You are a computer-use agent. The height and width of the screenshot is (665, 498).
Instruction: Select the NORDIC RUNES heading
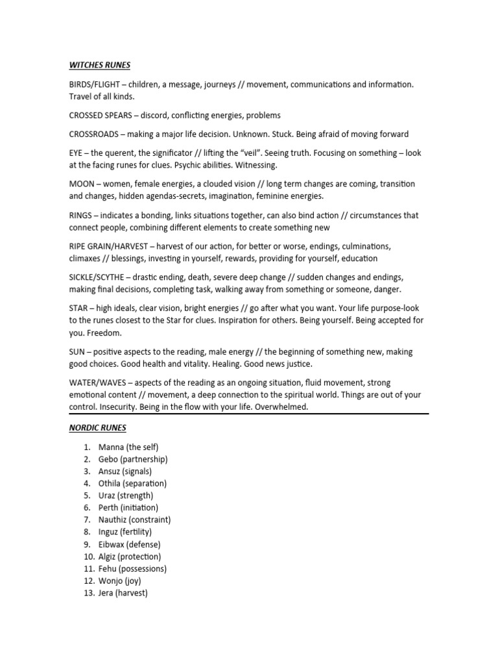coord(97,428)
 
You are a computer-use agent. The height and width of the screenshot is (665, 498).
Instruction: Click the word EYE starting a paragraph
coord(77,153)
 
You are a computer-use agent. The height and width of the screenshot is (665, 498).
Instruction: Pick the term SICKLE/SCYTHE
coord(99,277)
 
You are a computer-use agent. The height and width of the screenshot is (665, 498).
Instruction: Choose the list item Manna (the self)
coord(128,447)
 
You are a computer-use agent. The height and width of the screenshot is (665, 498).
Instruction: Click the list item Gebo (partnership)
coord(133,459)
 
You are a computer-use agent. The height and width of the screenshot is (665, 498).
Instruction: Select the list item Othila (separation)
coord(132,483)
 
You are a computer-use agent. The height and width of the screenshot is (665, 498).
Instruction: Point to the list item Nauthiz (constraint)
coord(135,520)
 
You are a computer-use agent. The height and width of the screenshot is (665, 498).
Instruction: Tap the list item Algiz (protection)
coord(130,557)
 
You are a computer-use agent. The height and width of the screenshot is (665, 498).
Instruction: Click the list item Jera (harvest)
coord(123,593)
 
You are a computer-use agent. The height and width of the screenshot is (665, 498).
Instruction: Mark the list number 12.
coord(89,581)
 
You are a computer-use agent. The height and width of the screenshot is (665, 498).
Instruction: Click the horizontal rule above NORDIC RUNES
coord(249,414)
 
